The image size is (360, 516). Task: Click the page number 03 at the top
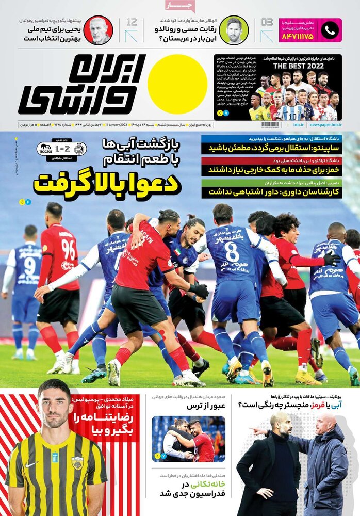(267, 23)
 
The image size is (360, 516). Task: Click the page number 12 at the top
(132, 23)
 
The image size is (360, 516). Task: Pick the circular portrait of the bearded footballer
(233, 30)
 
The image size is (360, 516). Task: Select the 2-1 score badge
(62, 149)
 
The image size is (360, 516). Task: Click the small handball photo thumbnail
(188, 439)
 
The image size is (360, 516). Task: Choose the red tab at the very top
(180, 6)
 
